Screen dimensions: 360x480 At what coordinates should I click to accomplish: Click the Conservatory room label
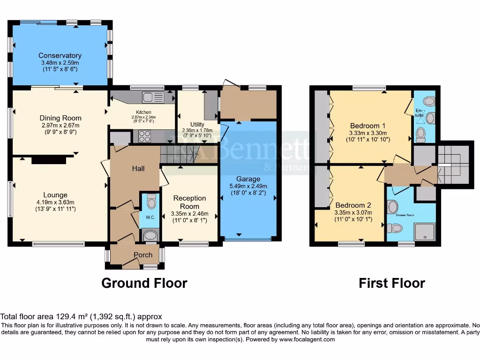60,56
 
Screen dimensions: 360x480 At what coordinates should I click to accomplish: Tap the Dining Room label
60,118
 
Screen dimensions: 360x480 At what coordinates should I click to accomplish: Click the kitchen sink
153,97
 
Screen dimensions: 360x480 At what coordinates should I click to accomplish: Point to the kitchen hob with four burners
145,136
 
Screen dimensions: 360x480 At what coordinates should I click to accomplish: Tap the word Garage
248,179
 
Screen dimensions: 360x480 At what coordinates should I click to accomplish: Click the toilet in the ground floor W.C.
150,202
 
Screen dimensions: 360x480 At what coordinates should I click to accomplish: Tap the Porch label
143,255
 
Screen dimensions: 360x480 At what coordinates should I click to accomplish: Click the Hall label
138,168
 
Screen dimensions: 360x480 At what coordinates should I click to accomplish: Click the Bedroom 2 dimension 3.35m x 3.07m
352,212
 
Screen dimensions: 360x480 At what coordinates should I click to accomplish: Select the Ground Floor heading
144,283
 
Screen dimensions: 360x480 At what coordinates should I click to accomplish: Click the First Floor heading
392,283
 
